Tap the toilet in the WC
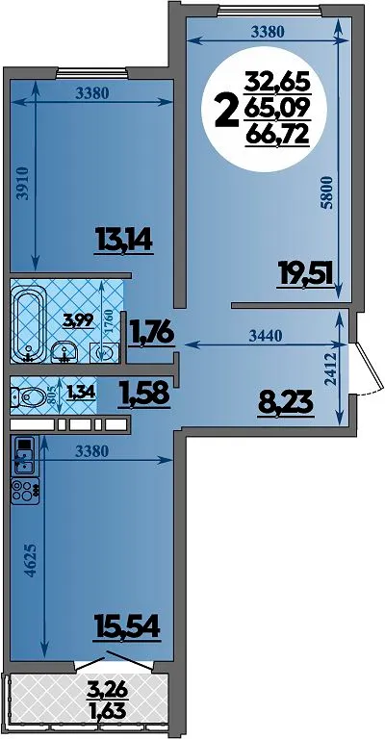[x=23, y=397]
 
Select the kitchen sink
[x=24, y=455]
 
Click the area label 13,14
[x=124, y=240]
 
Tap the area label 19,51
[x=306, y=275]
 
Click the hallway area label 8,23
[x=286, y=403]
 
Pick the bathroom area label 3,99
[x=78, y=321]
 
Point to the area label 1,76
[x=151, y=333]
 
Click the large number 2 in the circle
[x=225, y=111]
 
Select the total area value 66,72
[x=276, y=137]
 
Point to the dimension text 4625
[x=28, y=561]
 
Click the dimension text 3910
[x=28, y=185]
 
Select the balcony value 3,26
[x=107, y=691]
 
